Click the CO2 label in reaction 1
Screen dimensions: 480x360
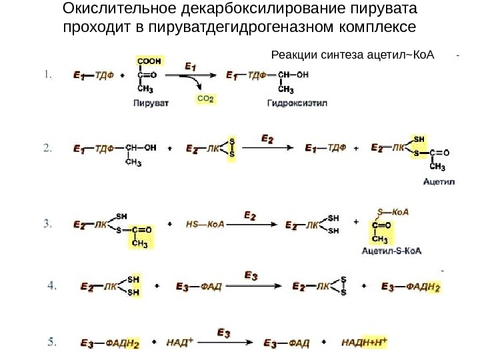pyautogui.click(x=206, y=99)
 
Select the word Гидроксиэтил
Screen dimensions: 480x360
pyautogui.click(x=293, y=103)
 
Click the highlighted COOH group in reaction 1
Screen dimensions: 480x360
pyautogui.click(x=149, y=60)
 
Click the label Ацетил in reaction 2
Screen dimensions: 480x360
pyautogui.click(x=438, y=180)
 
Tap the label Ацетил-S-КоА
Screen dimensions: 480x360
pyautogui.click(x=391, y=251)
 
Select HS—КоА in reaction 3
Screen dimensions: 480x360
pyautogui.click(x=205, y=225)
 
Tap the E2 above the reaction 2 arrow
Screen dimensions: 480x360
pyautogui.click(x=267, y=139)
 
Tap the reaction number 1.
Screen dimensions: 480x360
pyautogui.click(x=48, y=75)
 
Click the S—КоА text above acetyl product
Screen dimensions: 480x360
pyautogui.click(x=393, y=212)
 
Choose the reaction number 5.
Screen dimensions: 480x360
pyautogui.click(x=51, y=343)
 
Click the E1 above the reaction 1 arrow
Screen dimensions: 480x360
pyautogui.click(x=190, y=67)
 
